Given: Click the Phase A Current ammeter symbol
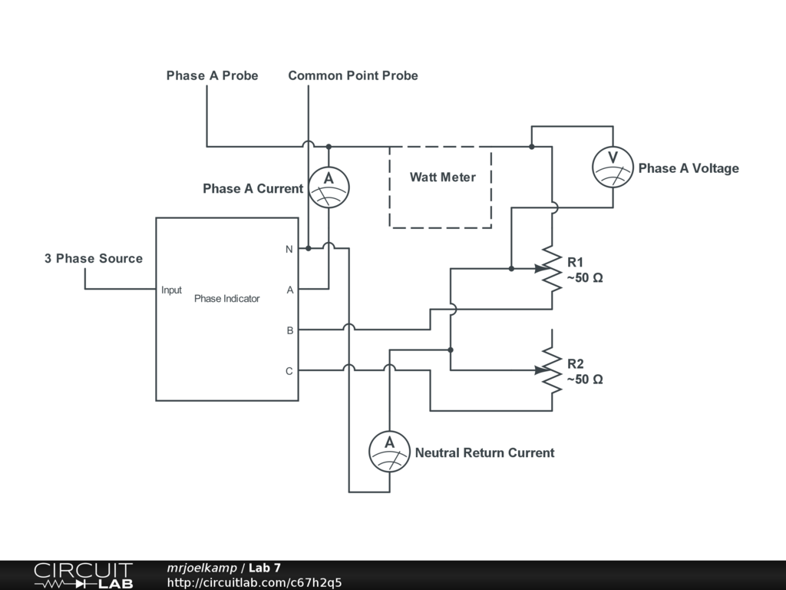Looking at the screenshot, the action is tap(329, 187).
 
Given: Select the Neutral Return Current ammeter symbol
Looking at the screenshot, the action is tap(389, 452).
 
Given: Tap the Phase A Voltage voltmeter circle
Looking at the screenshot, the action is tap(613, 167).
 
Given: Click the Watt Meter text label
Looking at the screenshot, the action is tap(443, 177).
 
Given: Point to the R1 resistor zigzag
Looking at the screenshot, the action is tap(552, 268).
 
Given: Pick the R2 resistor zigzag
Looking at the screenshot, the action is tap(552, 370).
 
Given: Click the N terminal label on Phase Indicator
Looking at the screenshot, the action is tap(289, 250).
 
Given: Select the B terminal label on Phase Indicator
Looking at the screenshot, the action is tap(289, 330).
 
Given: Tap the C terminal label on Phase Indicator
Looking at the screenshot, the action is tap(289, 371).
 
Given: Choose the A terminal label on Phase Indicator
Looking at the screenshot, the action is tap(289, 290).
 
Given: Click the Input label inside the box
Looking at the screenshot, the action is tap(171, 290).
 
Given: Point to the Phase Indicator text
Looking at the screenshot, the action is tap(226, 299).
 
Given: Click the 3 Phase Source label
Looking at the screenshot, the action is tap(94, 258).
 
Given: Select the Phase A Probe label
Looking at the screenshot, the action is tap(212, 75).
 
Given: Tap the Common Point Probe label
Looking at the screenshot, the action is tap(353, 75).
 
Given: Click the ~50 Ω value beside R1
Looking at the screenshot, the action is tap(585, 278).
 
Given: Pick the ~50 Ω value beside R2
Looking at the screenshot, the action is tap(585, 380).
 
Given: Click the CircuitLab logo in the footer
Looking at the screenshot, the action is tap(83, 575).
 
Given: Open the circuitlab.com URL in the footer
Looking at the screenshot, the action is tap(255, 582).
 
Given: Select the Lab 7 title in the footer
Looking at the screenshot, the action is tap(265, 568).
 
